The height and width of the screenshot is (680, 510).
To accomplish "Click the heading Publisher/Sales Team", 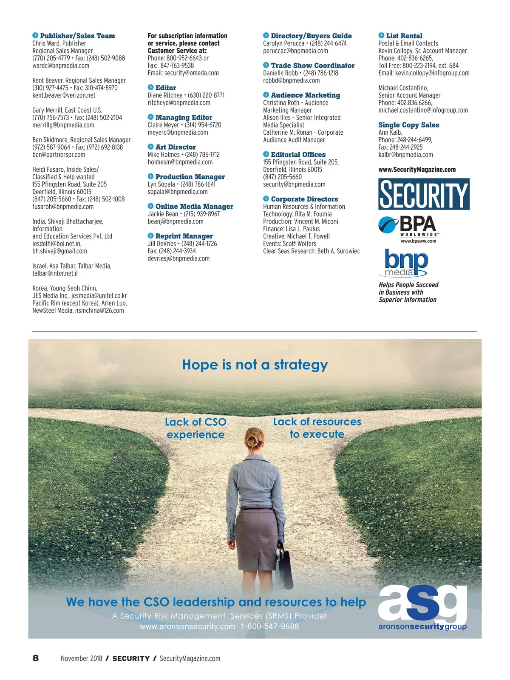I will (x=77, y=36).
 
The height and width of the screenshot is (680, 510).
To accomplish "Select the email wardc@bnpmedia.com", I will (x=61, y=65).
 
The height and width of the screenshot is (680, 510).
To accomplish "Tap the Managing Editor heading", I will (x=184, y=117).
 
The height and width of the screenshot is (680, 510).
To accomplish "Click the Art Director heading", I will (x=176, y=147).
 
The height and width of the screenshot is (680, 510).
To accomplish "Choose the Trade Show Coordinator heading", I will (x=312, y=65).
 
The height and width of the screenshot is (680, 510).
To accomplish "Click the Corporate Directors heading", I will (x=304, y=199).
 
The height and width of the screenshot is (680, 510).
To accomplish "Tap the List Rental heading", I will (x=404, y=36).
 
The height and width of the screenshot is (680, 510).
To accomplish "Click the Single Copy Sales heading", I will (x=409, y=125).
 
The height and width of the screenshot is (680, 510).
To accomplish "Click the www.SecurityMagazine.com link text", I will (x=417, y=170).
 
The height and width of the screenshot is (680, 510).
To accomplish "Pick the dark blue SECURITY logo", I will (x=424, y=194).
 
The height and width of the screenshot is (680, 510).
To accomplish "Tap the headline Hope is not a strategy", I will (x=255, y=365).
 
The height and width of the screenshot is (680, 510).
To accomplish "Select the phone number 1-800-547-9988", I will (x=269, y=626).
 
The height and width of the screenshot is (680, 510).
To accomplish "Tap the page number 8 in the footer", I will (x=36, y=658).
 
